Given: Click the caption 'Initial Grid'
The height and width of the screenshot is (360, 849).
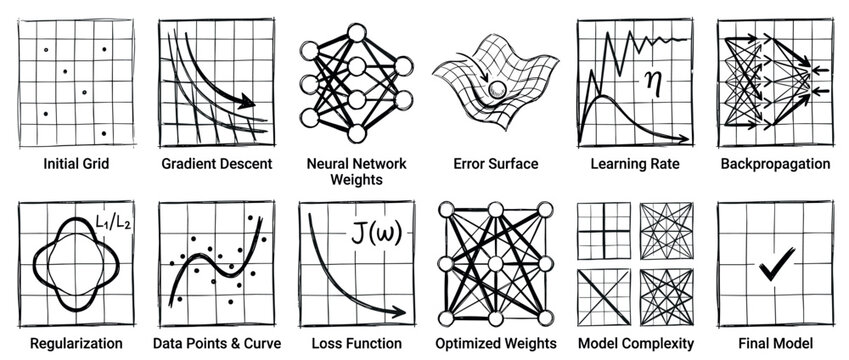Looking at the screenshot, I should tap(76, 163).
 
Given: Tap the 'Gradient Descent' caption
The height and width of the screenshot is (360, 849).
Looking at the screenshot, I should tap(217, 163).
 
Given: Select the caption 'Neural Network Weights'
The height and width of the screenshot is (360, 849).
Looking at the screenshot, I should tap(356, 171).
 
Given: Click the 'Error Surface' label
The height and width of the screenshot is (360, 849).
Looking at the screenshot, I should tap(495, 163).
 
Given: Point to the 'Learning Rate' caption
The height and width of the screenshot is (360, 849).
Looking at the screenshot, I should tap(635, 163).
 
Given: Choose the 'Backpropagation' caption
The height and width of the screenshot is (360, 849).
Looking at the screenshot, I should tap(774, 163).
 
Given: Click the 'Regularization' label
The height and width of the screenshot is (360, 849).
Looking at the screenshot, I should tap(77, 343).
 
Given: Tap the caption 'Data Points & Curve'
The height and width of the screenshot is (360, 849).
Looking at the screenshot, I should tap(217, 343).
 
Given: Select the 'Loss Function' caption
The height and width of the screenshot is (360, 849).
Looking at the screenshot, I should tap(356, 343).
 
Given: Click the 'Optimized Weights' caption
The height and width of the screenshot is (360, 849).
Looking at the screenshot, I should tap(496, 343).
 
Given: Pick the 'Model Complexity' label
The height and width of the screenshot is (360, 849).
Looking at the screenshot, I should tap(635, 343).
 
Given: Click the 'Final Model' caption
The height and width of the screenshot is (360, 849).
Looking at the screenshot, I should tap(774, 343).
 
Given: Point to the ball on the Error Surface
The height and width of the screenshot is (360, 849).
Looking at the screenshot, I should tap(497, 92).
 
